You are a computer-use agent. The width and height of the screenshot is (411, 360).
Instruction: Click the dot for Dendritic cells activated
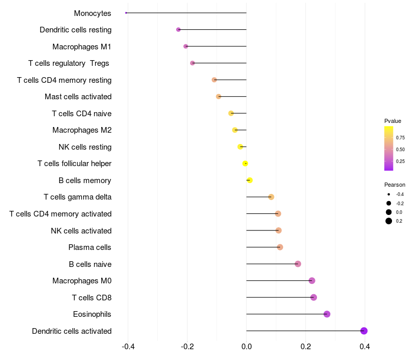pyautogui.click(x=364, y=331)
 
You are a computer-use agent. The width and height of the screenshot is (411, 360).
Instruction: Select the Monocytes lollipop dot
pyautogui.click(x=126, y=13)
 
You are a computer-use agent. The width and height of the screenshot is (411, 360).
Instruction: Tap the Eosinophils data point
pyautogui.click(x=327, y=314)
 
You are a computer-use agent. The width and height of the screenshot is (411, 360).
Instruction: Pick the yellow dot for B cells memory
pyautogui.click(x=250, y=181)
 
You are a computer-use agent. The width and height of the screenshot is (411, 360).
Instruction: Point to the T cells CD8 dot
pyautogui.click(x=313, y=297)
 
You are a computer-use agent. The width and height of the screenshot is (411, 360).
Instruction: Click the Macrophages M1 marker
pyautogui.click(x=186, y=46)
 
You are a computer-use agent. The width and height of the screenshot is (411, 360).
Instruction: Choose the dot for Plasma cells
pyautogui.click(x=280, y=247)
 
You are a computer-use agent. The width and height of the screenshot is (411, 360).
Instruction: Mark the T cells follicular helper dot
pyautogui.click(x=245, y=164)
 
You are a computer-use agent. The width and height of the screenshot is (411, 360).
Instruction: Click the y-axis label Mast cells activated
pyautogui.click(x=78, y=97)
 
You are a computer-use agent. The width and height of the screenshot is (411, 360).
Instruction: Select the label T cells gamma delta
pyautogui.click(x=78, y=197)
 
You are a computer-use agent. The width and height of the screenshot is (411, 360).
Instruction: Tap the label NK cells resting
pyautogui.click(x=85, y=147)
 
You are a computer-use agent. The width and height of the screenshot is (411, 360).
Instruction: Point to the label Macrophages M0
pyautogui.click(x=82, y=281)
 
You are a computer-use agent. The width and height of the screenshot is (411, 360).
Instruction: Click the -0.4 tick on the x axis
pyautogui.click(x=128, y=347)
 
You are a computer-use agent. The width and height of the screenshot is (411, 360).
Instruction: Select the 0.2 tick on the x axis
pyautogui.click(x=306, y=347)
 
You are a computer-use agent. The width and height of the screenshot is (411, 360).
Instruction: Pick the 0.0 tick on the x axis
pyautogui.click(x=247, y=347)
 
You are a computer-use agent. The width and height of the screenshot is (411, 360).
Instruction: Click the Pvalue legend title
pyautogui.click(x=393, y=121)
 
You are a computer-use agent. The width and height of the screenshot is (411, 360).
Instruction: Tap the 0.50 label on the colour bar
pyautogui.click(x=400, y=150)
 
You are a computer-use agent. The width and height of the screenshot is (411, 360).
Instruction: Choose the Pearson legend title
pyautogui.click(x=395, y=185)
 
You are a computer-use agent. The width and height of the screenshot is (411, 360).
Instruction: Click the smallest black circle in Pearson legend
pyautogui.click(x=389, y=194)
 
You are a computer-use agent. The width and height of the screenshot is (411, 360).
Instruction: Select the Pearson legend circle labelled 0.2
pyautogui.click(x=389, y=221)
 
